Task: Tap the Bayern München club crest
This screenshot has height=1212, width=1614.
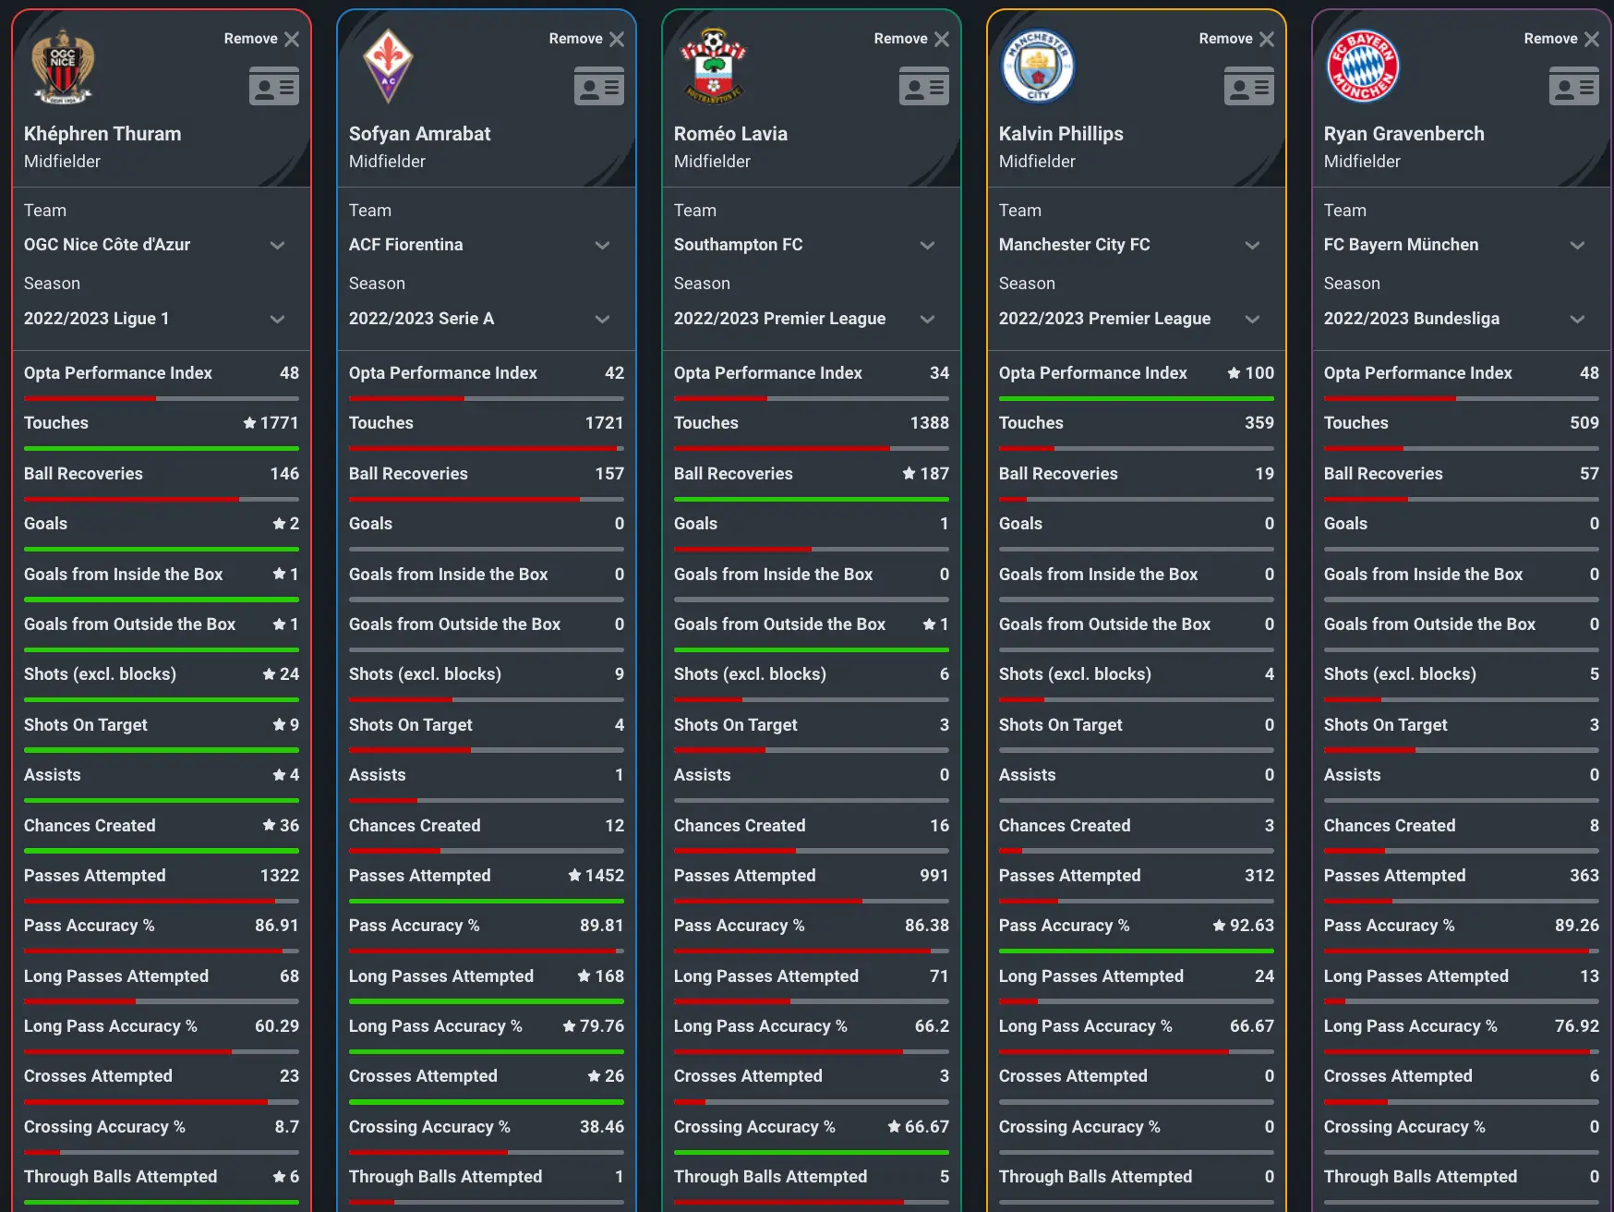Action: [x=1363, y=67]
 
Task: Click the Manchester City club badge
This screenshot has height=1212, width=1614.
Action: [x=1038, y=67]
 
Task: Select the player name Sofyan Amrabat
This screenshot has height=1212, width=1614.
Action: [x=419, y=134]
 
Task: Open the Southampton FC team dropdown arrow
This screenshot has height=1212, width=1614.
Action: [x=927, y=245]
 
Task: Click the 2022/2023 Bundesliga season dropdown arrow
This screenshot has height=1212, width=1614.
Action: [x=1577, y=319]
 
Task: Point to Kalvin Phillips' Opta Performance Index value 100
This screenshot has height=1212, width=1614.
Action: [x=1259, y=373]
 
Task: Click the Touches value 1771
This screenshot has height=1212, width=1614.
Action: [x=279, y=423]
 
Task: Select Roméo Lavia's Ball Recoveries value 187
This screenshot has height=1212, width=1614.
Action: [x=933, y=474]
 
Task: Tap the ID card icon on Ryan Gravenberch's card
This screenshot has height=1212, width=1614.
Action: [x=1573, y=86]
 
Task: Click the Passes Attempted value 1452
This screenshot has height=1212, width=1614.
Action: [x=604, y=876]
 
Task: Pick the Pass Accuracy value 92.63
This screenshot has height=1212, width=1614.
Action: [x=1251, y=926]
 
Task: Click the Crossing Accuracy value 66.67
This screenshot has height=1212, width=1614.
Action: [x=926, y=1127]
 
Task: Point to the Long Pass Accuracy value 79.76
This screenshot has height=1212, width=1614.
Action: [x=601, y=1026]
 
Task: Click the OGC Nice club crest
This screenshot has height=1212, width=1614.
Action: [x=63, y=67]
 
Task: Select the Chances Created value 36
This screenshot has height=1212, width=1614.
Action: [x=289, y=826]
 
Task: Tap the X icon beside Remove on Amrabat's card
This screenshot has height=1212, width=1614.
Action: [x=617, y=39]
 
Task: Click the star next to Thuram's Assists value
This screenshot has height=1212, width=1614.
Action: [x=279, y=775]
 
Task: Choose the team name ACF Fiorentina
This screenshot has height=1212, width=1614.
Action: [x=405, y=245]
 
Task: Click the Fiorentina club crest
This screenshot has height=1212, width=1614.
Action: [x=388, y=67]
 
